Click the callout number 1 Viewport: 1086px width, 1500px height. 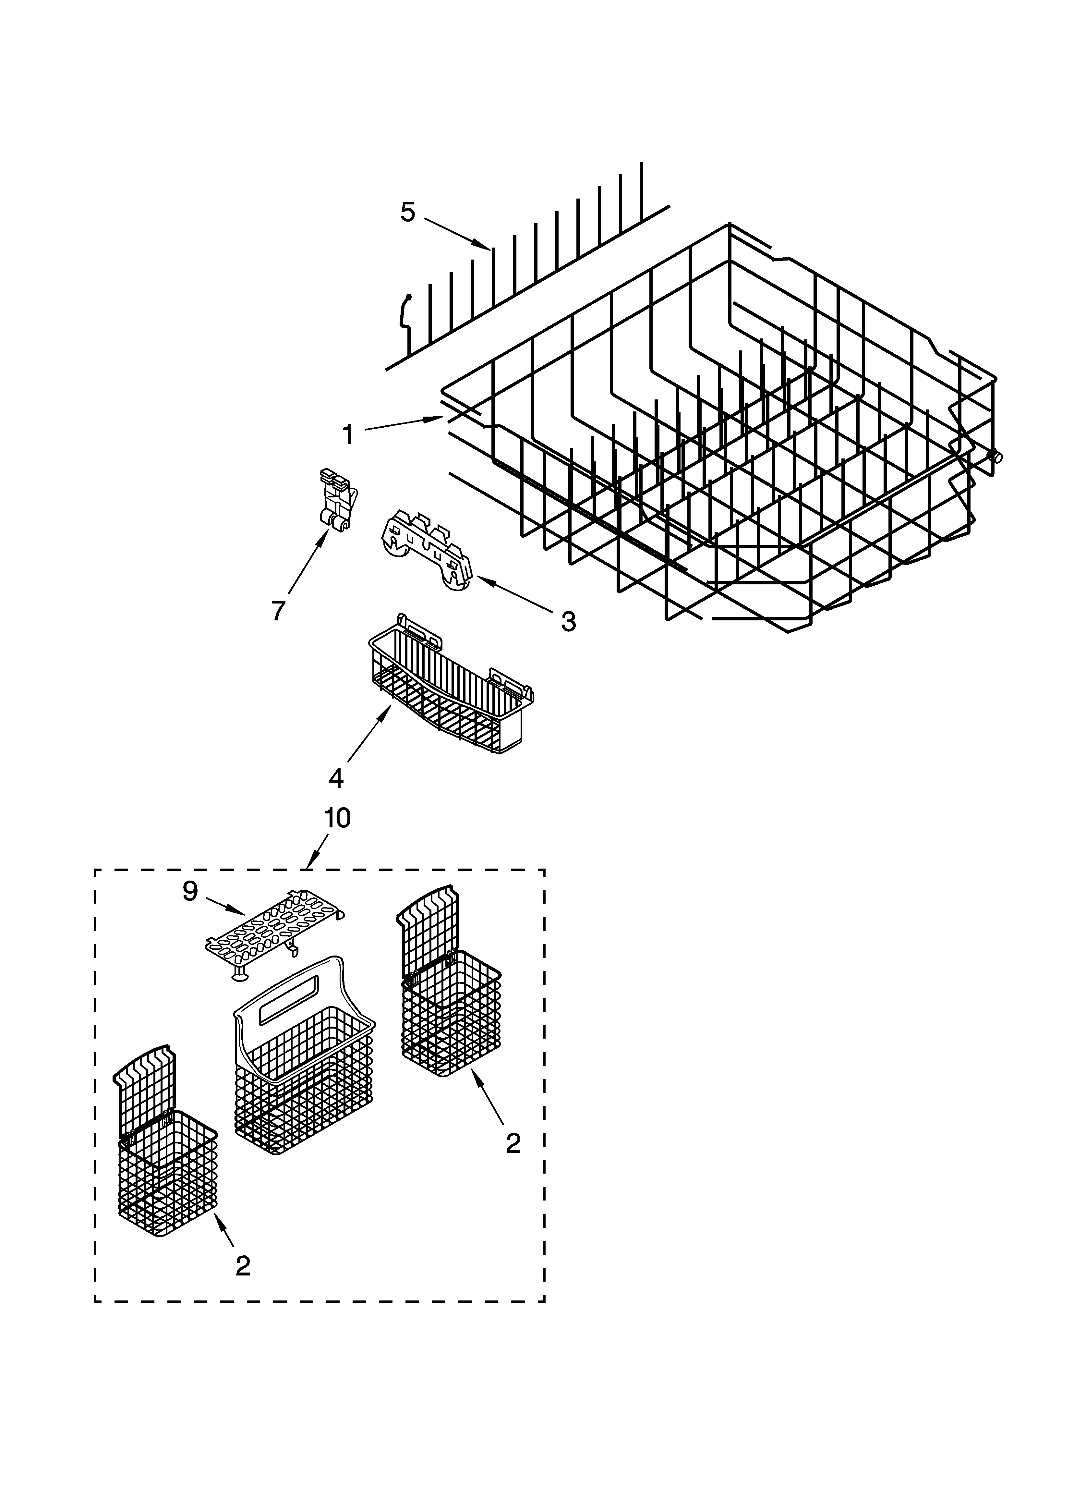coord(348,435)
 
